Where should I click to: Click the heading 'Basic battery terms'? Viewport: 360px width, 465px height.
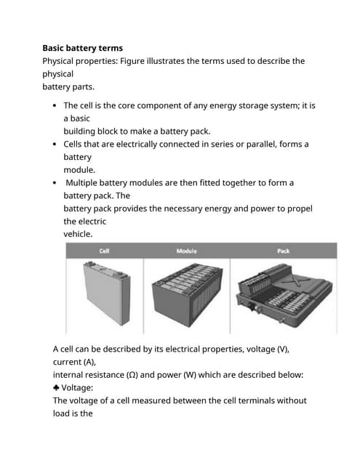(x=87, y=48)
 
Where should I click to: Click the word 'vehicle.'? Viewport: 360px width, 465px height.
(x=78, y=235)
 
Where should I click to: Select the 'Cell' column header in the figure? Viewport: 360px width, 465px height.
(x=105, y=251)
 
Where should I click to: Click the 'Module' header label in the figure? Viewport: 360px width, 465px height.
(x=186, y=251)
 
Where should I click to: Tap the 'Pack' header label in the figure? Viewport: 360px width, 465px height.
(x=284, y=251)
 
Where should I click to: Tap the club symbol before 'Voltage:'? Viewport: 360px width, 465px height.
(x=57, y=388)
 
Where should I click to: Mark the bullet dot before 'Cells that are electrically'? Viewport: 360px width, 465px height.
(x=56, y=145)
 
